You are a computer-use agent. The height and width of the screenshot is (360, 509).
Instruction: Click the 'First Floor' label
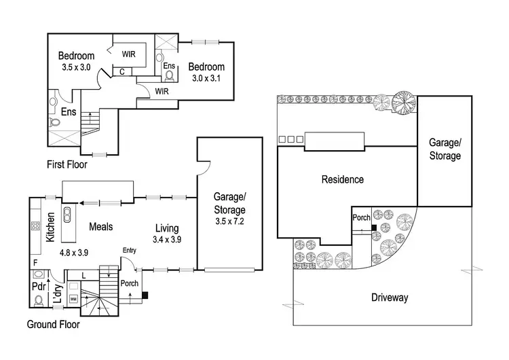pos(67,164)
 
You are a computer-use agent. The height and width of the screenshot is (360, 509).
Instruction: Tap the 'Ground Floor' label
pos(53,324)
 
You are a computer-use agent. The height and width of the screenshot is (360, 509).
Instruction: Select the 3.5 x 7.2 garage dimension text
pos(229,221)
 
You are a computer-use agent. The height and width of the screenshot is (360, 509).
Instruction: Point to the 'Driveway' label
pos(390,298)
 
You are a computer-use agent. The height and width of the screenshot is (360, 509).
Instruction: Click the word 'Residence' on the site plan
pos(343,179)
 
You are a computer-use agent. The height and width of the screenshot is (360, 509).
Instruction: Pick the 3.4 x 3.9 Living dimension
pos(167,240)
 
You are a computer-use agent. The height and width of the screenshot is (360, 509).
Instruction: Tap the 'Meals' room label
pos(101,226)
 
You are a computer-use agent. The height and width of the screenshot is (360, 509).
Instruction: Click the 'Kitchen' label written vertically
pos(50,227)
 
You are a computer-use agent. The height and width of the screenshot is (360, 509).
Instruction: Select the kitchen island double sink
pos(67,215)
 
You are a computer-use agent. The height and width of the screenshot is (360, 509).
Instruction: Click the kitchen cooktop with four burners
pos(35,226)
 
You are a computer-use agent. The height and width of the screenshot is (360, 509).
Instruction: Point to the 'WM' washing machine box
pos(74,299)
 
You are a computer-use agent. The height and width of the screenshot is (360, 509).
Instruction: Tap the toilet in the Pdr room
pos(39,300)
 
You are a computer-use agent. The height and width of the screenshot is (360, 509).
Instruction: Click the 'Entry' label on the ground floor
pos(129,250)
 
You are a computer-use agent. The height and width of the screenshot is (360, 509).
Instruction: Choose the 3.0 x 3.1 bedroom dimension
pos(206,78)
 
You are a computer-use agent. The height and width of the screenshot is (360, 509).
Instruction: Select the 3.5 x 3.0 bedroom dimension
pos(76,67)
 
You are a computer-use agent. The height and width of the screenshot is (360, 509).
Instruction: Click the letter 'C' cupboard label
pos(122,72)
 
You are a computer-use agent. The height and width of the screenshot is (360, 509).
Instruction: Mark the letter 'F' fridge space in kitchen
pos(35,262)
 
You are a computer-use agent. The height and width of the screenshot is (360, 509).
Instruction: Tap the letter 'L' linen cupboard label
pos(83,276)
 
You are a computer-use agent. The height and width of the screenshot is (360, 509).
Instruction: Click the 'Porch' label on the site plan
pos(361,217)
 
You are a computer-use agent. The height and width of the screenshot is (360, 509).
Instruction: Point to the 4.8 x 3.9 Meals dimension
pos(74,253)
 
